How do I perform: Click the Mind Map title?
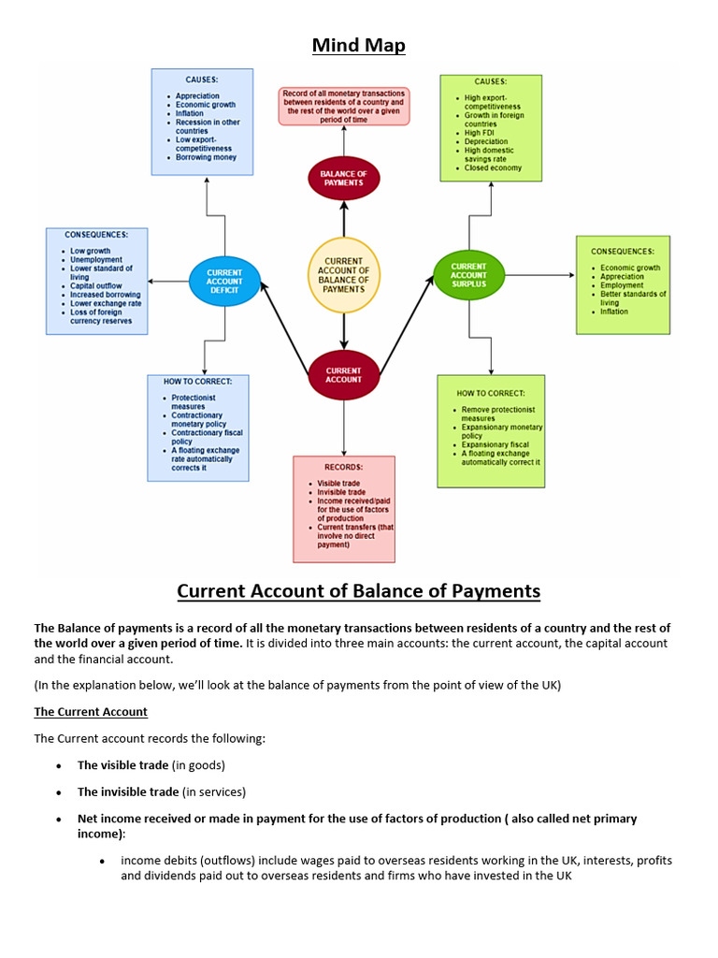point(359,44)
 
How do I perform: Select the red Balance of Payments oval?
point(344,178)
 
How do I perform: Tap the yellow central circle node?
point(344,275)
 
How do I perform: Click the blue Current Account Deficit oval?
point(224,282)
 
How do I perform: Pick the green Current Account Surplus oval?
point(468,275)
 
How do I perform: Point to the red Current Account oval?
point(344,374)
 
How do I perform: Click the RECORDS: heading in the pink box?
point(343,467)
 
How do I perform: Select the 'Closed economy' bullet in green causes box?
point(493,168)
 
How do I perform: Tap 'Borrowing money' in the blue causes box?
point(206,157)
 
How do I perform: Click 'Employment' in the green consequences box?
point(621,285)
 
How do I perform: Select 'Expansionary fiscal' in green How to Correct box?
point(495,444)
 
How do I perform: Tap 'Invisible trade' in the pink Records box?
point(341,492)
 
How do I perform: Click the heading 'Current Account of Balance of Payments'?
point(359,591)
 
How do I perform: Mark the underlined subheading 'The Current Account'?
point(91,712)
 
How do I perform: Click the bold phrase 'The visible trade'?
point(122,765)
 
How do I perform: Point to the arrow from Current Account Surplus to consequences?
point(540,275)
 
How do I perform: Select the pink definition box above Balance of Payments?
point(344,107)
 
